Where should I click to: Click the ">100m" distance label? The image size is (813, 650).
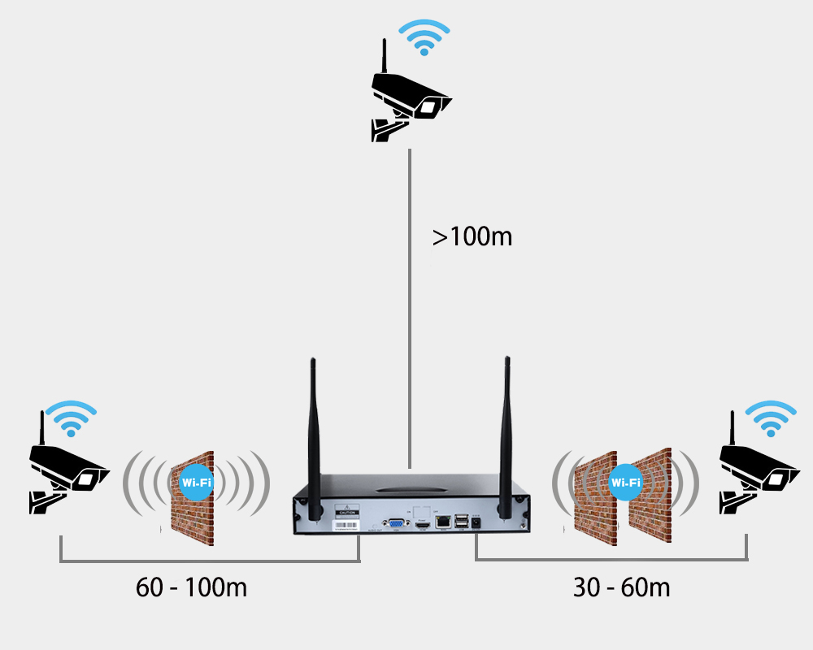[x=472, y=237]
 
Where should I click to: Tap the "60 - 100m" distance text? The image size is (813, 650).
[x=191, y=587]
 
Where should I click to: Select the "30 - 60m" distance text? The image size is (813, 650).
[x=622, y=587]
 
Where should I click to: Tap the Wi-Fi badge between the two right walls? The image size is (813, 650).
[x=625, y=481]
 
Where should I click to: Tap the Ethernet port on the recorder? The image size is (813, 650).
[x=443, y=522]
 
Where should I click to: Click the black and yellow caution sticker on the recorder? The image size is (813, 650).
[x=346, y=514]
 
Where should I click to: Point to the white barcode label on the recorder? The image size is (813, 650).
[x=346, y=526]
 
